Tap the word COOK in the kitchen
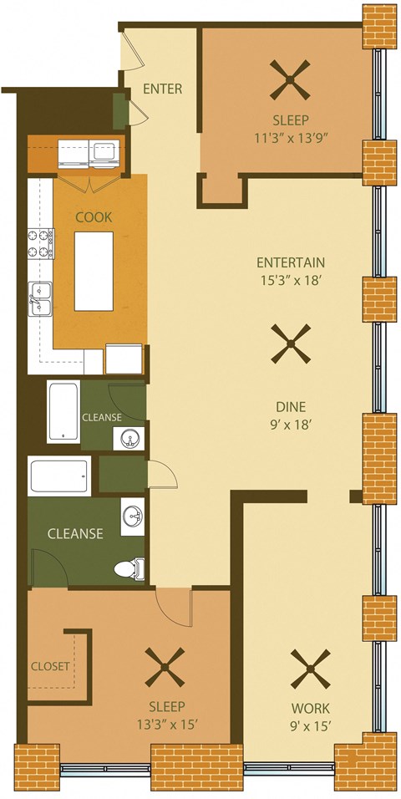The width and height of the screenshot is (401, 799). pyautogui.click(x=94, y=216)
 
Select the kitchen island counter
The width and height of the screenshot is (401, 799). pyautogui.click(x=94, y=272)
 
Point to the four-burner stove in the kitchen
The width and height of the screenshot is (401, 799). pyautogui.click(x=41, y=243)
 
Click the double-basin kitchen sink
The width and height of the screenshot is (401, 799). pyautogui.click(x=40, y=300)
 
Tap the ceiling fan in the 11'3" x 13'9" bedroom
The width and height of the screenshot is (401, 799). pyautogui.click(x=290, y=80)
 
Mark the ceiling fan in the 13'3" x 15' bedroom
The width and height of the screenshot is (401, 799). pyautogui.click(x=165, y=666)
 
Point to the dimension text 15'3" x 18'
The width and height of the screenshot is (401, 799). pyautogui.click(x=291, y=281)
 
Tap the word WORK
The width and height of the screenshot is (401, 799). pyautogui.click(x=302, y=707)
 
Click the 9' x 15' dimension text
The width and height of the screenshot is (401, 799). pyautogui.click(x=302, y=725)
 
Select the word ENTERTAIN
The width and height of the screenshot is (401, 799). pyautogui.click(x=291, y=262)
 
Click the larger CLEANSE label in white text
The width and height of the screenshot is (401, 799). pyautogui.click(x=74, y=533)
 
